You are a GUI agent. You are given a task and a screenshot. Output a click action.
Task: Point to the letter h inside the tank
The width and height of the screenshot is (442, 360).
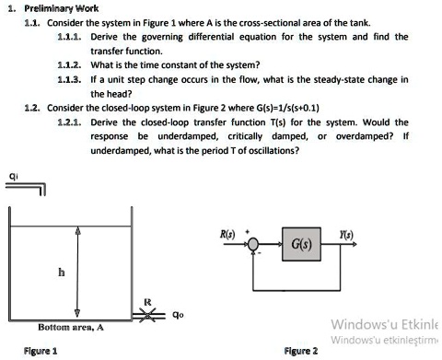pos(62,273)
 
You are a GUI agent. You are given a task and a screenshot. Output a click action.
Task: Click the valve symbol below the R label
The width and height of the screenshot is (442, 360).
pos(147,315)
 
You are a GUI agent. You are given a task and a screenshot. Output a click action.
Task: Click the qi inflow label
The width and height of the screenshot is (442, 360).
pos(11,175)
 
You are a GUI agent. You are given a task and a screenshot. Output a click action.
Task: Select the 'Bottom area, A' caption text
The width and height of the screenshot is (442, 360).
pos(70,327)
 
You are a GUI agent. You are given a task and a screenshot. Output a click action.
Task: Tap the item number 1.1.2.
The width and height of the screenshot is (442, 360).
pos(70,65)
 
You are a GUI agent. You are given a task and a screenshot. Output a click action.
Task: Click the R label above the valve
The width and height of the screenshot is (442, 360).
pos(147,300)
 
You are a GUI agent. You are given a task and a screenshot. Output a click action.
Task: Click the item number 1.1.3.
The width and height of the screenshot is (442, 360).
pos(70,80)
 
